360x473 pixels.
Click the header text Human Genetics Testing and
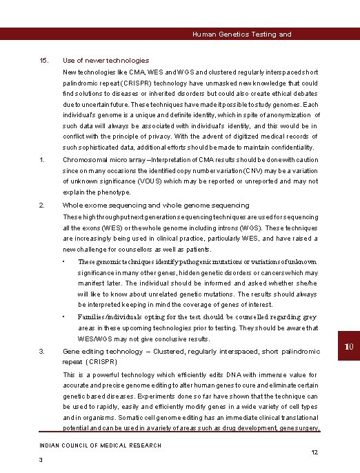[241, 34]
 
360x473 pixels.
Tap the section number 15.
[43, 61]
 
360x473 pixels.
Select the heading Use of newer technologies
[106, 61]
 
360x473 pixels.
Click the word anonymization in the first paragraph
[287, 114]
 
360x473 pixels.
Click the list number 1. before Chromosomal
[43, 160]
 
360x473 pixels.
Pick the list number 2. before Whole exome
[43, 205]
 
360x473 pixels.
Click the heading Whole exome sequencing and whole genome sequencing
[156, 205]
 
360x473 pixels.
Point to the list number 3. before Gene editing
[43, 352]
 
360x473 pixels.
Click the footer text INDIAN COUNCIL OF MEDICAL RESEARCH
[100, 445]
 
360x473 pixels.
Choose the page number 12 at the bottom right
[314, 452]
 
